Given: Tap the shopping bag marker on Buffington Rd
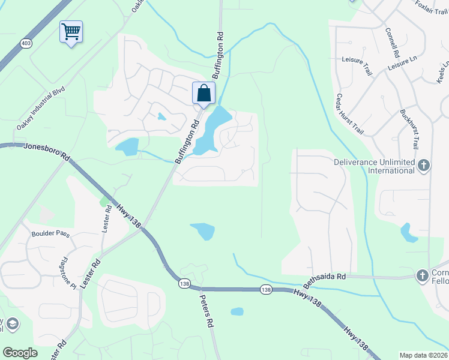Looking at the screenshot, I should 203,93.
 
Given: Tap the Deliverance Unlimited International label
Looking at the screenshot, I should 375,166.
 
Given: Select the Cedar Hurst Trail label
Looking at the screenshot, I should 350,113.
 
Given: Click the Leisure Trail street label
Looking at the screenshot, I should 357,65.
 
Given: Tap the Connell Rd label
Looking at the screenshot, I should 394,42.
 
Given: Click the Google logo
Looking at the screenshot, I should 20,353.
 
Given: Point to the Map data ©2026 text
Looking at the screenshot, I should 424,355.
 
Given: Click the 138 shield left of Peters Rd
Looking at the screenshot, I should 184,281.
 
